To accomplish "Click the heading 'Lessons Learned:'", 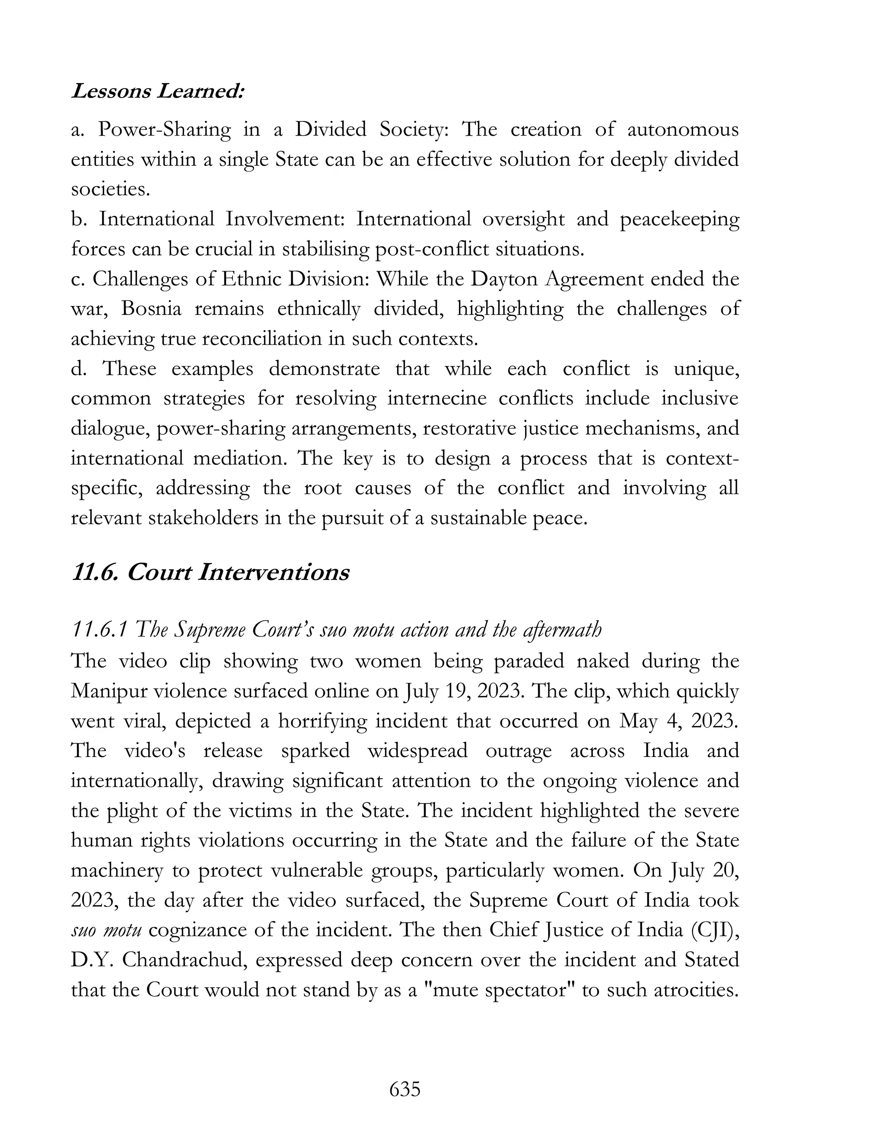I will click(158, 92).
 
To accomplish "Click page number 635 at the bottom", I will click(405, 1089).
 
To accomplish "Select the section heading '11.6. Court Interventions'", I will click(210, 572).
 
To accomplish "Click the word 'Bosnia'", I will click(152, 309).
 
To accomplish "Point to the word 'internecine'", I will click(436, 398).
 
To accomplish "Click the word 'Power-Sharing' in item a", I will click(164, 130).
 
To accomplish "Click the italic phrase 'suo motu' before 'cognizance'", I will click(106, 931).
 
